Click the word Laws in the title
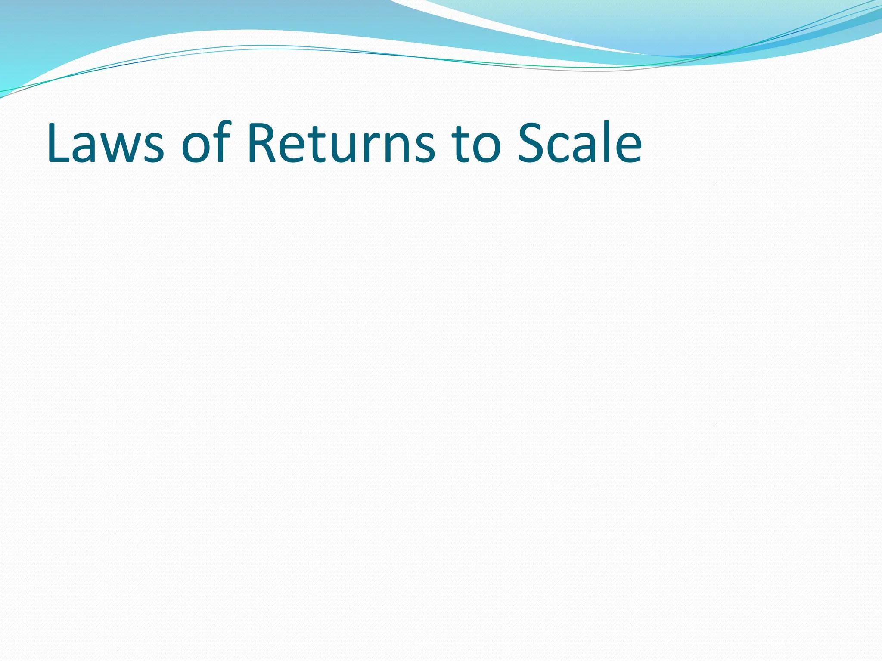pos(106,143)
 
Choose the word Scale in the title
pos(580,143)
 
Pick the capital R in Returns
pos(261,143)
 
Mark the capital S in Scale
pos(531,143)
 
